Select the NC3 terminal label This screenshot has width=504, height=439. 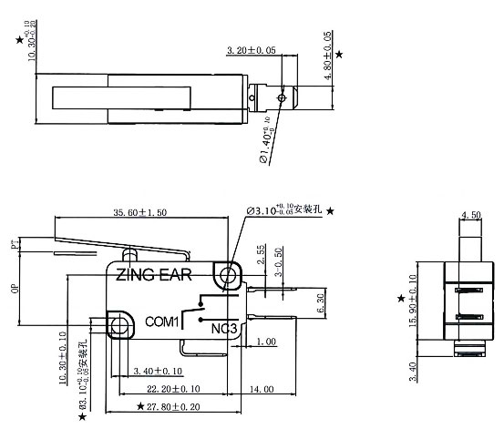pos(223,327)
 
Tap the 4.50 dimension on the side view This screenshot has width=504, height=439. pos(471,216)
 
